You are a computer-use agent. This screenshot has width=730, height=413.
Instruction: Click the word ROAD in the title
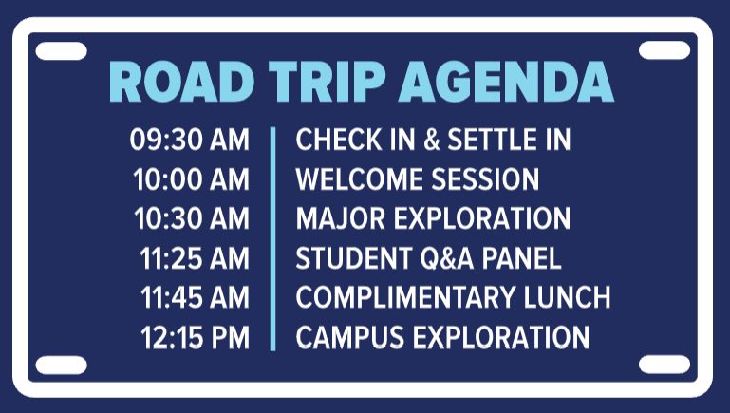coord(182,82)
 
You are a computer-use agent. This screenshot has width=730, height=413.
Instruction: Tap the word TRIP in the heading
coord(328,82)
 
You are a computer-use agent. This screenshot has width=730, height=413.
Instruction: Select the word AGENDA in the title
coord(507,82)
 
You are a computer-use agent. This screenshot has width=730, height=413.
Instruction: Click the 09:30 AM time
coord(190,140)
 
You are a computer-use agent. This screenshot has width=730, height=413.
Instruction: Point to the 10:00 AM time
coord(192,179)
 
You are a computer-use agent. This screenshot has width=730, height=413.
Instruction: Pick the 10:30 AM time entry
coord(192,218)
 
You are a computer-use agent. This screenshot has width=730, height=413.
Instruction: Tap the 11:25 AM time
coord(195,258)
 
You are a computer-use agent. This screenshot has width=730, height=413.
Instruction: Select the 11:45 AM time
coord(195,297)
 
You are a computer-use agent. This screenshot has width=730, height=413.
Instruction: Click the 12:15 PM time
coord(195,338)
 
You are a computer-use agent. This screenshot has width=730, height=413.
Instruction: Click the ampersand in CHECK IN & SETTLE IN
coord(432,140)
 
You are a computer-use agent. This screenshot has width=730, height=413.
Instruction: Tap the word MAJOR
coord(341,218)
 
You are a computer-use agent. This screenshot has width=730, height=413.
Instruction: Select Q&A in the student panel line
coord(447,259)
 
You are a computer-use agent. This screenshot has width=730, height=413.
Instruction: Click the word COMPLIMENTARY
coord(405,297)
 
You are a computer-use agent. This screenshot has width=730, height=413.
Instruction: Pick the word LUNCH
coord(567,297)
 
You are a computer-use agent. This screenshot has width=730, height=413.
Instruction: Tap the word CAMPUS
coord(350,338)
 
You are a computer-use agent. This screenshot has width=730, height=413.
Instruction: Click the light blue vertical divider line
coord(272,238)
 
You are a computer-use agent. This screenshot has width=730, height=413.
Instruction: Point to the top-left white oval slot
coord(61,50)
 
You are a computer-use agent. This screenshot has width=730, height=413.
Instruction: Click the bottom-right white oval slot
coord(664,365)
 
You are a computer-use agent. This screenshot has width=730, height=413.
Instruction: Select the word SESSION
coord(485,179)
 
